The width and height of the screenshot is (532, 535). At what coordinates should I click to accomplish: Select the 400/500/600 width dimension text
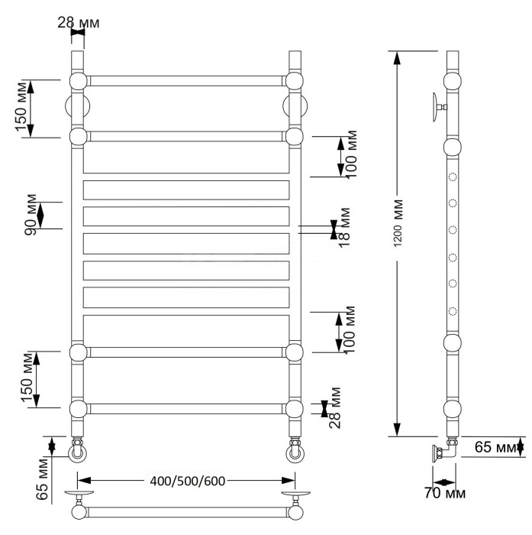point(186,480)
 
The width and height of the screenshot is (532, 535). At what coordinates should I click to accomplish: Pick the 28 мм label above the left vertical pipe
point(79,22)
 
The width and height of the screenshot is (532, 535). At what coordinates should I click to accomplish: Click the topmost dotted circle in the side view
point(453,178)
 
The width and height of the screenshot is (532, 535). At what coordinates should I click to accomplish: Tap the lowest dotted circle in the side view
point(453,311)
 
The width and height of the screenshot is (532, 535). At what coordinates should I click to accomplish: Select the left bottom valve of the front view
point(78,452)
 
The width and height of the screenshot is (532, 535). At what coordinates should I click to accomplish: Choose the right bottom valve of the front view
point(295,452)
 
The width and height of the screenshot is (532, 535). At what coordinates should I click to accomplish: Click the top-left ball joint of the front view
point(78,81)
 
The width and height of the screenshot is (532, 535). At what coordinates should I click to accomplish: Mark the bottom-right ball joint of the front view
point(295,408)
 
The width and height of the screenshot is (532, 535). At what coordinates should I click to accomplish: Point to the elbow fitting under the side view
point(448,450)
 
